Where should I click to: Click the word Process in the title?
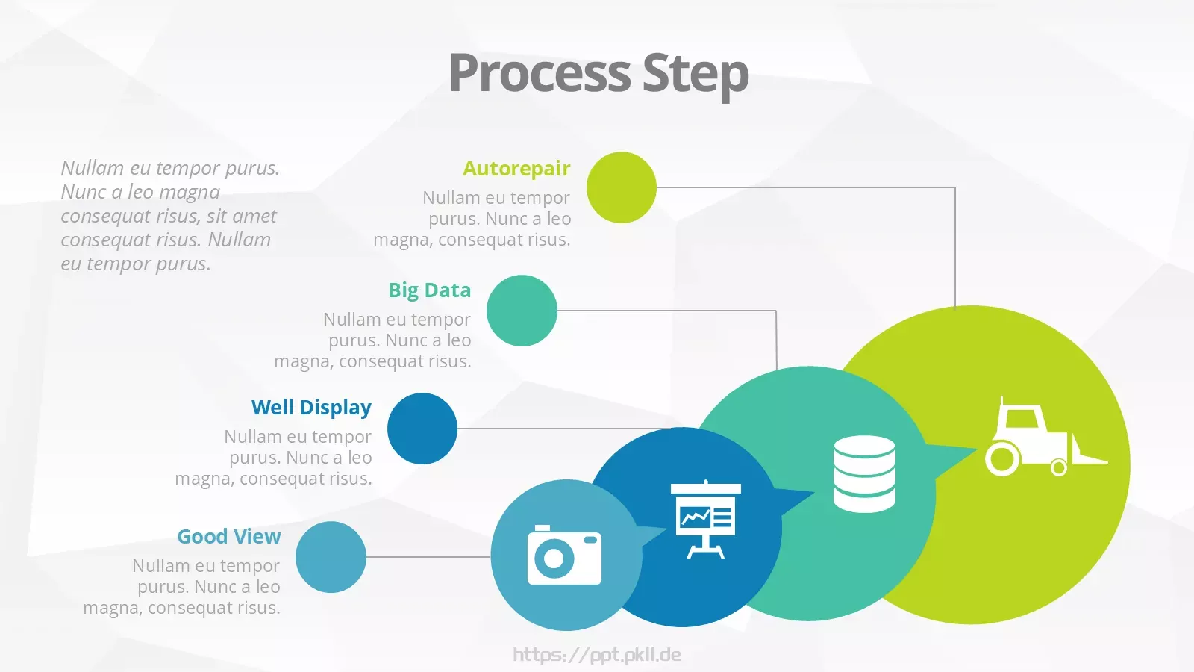click(540, 73)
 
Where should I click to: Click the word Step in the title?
click(696, 75)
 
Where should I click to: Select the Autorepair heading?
click(516, 169)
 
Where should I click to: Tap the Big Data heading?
click(430, 290)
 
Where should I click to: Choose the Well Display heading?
click(311, 408)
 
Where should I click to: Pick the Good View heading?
click(229, 537)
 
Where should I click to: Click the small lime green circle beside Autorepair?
click(622, 187)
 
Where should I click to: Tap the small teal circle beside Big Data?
click(522, 311)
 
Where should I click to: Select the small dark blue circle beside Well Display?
click(422, 429)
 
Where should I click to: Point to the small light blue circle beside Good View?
click(331, 557)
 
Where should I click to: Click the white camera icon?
click(564, 555)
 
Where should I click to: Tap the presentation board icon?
click(706, 519)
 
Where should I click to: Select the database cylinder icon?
click(864, 473)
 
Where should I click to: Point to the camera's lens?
click(554, 559)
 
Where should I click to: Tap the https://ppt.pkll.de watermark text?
click(597, 655)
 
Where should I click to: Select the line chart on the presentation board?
click(695, 516)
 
